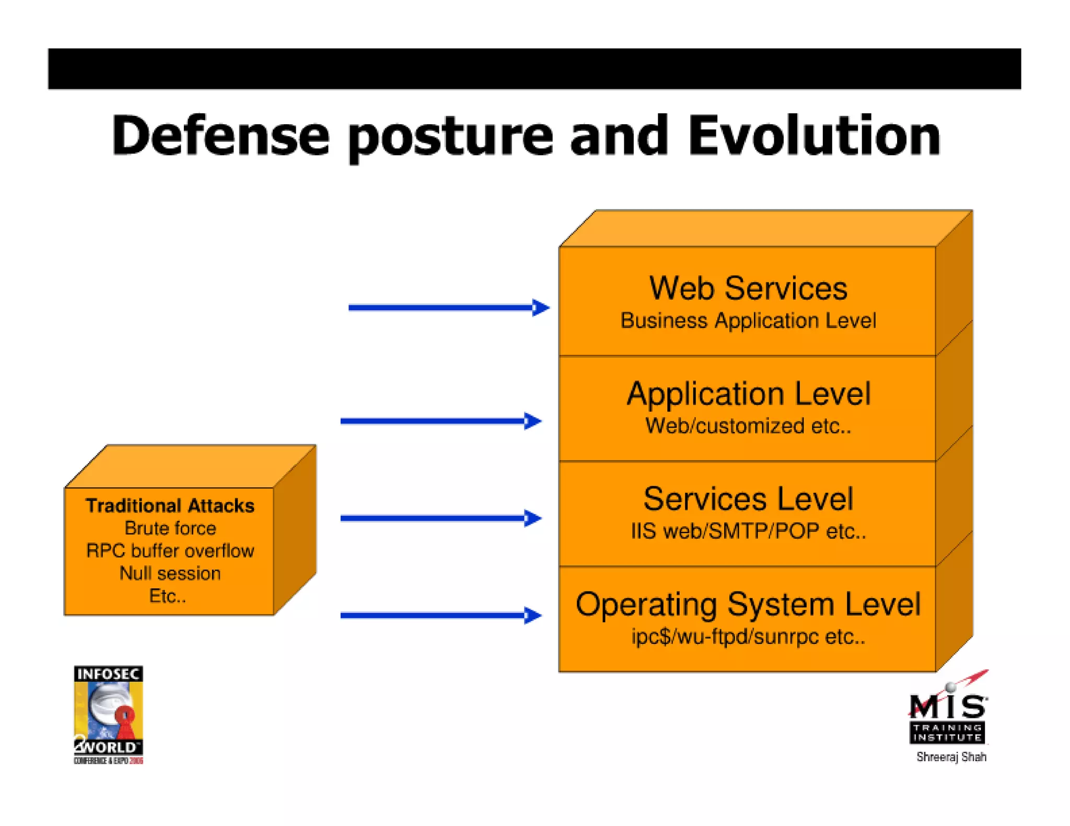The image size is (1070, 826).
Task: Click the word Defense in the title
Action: (220, 135)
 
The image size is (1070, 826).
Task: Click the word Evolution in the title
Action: (814, 135)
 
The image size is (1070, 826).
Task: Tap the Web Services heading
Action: (748, 288)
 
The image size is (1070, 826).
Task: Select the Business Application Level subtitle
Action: (748, 321)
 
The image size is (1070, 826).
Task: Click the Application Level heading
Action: (748, 394)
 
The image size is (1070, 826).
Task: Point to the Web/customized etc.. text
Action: (748, 426)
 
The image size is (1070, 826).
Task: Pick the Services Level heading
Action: (748, 499)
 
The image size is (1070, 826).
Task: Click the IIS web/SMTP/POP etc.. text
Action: (748, 531)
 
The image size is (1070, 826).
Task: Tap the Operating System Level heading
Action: (748, 604)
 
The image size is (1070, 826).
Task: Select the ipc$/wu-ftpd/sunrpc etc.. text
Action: (748, 636)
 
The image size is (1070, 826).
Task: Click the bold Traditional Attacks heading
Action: (170, 505)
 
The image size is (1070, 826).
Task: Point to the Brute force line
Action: (170, 528)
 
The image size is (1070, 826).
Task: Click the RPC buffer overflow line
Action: (170, 551)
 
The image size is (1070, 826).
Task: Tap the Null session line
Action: (170, 573)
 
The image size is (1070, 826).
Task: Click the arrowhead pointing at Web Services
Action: (540, 308)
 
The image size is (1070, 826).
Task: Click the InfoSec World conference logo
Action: (108, 714)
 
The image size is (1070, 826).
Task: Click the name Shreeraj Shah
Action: (951, 757)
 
